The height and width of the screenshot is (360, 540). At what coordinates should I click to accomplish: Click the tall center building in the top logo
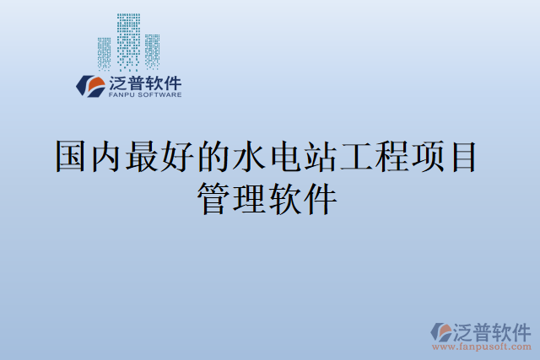[x=128, y=40]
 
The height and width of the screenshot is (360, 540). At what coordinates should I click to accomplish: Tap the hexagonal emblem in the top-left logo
[x=89, y=85]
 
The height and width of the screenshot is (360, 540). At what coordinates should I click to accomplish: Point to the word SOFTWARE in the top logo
[x=161, y=95]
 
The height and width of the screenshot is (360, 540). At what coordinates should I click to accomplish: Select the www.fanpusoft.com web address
[x=482, y=347]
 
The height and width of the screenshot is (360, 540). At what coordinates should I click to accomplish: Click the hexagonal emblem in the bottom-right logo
[x=440, y=330]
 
